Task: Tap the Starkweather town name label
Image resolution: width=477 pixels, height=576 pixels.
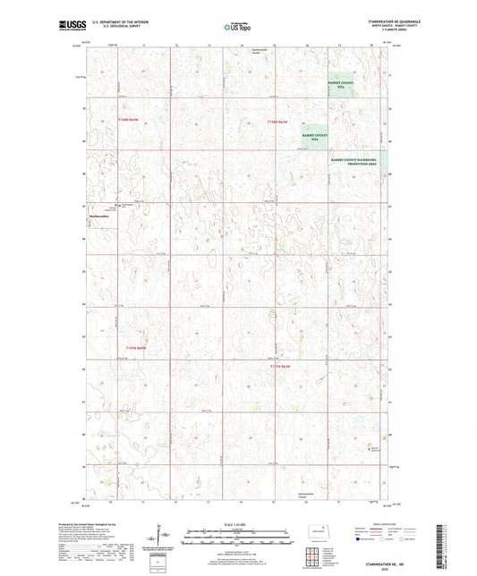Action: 98,216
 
